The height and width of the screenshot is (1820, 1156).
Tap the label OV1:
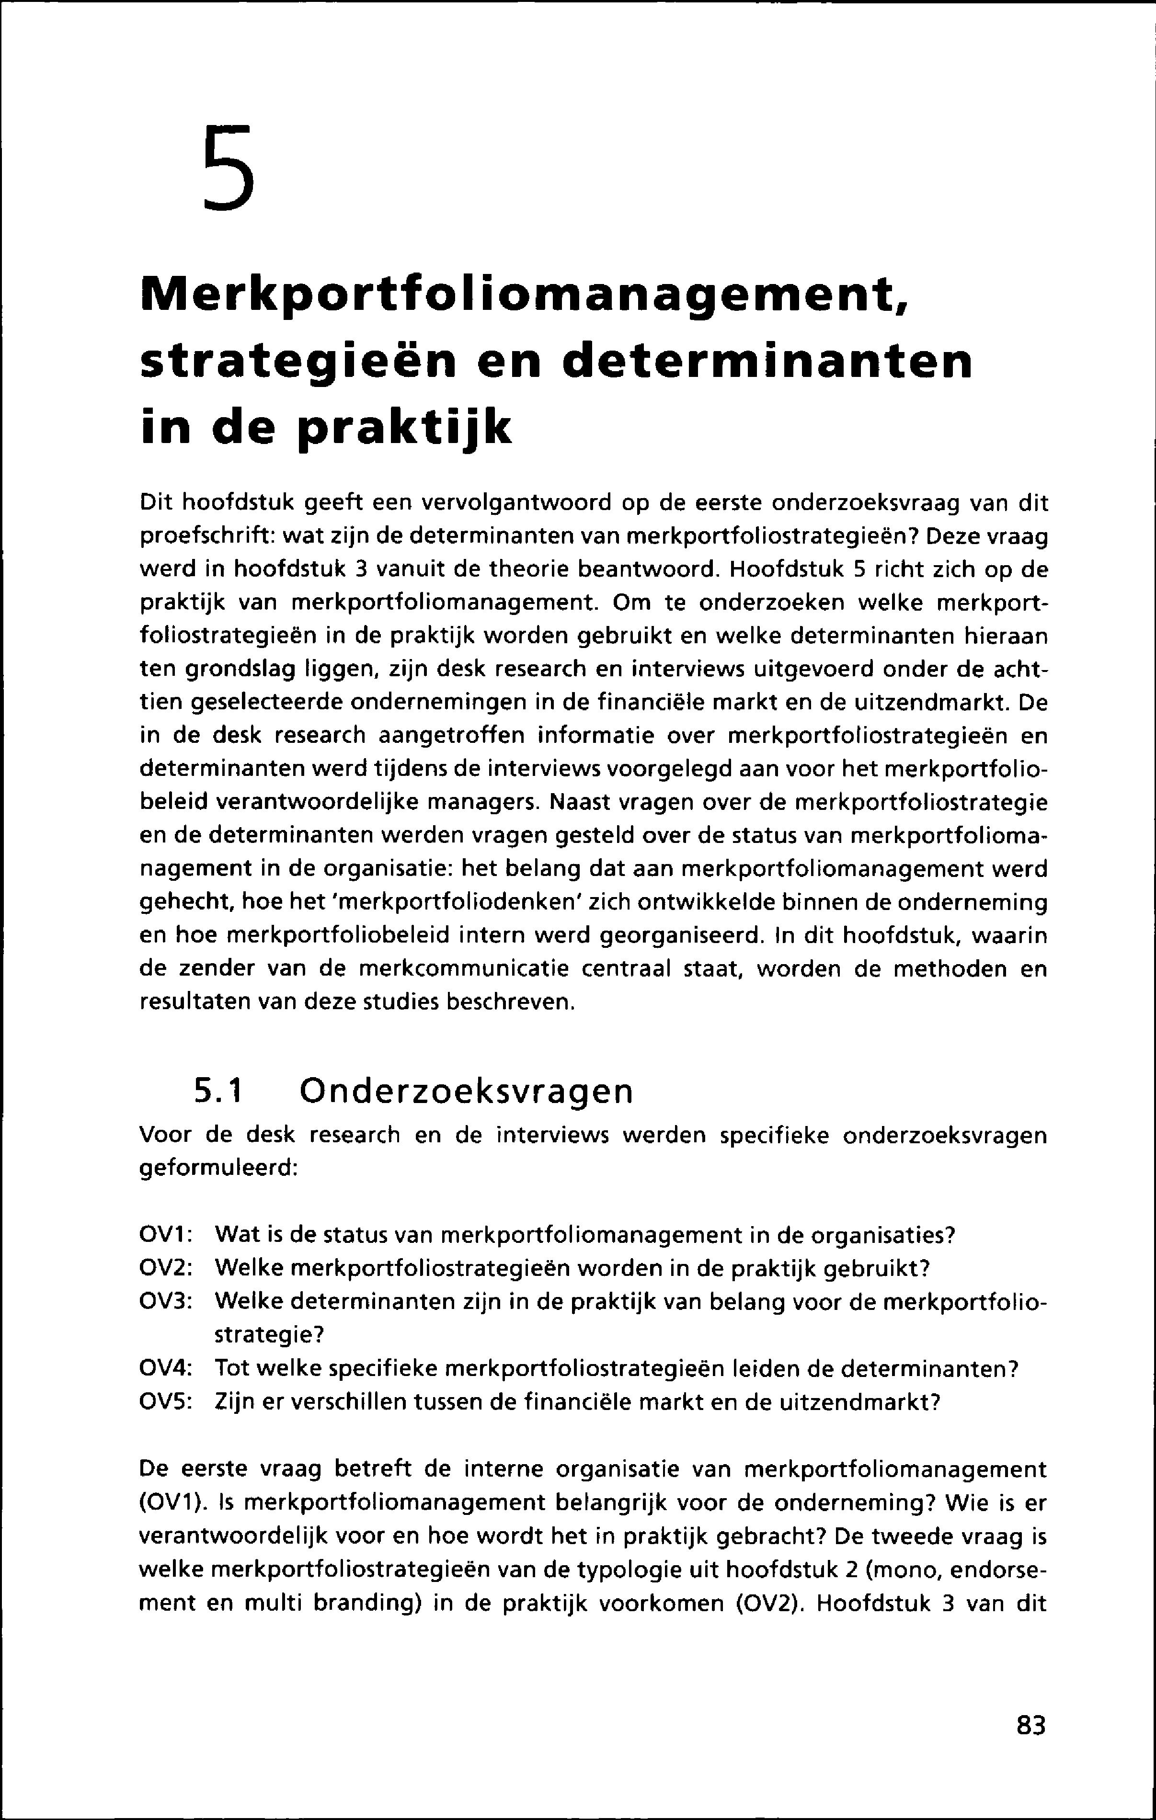tap(166, 1236)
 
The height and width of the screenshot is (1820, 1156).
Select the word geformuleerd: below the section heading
tap(220, 1169)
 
